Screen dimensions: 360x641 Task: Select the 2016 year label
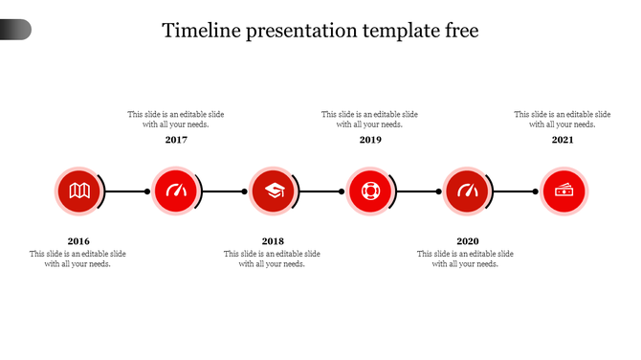pyautogui.click(x=78, y=241)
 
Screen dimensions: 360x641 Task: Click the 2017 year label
pyautogui.click(x=176, y=140)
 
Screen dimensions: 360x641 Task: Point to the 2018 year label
pyautogui.click(x=273, y=241)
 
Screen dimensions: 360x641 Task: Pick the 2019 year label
pyautogui.click(x=370, y=140)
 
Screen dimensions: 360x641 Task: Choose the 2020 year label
pyautogui.click(x=467, y=241)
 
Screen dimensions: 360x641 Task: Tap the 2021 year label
pyautogui.click(x=563, y=140)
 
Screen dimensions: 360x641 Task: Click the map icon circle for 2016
pyautogui.click(x=78, y=191)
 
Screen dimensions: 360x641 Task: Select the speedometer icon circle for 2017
pyautogui.click(x=176, y=191)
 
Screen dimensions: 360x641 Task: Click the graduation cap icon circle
pyautogui.click(x=273, y=191)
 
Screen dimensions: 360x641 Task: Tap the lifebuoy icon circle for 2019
pyautogui.click(x=370, y=191)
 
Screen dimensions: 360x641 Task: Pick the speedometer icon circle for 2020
pyautogui.click(x=467, y=191)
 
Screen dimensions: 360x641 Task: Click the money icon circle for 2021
pyautogui.click(x=564, y=191)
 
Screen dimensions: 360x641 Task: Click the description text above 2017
pyautogui.click(x=176, y=119)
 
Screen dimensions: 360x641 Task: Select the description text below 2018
pyautogui.click(x=273, y=259)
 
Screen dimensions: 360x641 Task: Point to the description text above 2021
pyautogui.click(x=563, y=119)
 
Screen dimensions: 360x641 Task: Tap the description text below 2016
pyautogui.click(x=78, y=259)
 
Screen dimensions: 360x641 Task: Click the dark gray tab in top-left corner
pyautogui.click(x=15, y=30)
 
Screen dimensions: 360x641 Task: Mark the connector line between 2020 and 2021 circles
pyautogui.click(x=517, y=191)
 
